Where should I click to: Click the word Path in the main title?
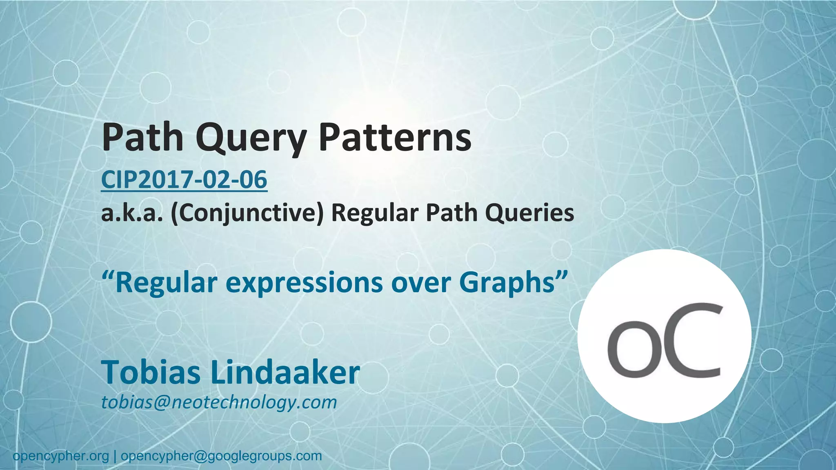pyautogui.click(x=142, y=137)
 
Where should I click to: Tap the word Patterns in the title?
pyautogui.click(x=395, y=137)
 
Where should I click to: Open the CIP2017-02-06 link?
pyautogui.click(x=184, y=180)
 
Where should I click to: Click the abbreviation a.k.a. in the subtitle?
pyautogui.click(x=132, y=213)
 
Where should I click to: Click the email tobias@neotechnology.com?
pyautogui.click(x=219, y=402)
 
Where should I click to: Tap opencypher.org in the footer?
pyautogui.click(x=61, y=456)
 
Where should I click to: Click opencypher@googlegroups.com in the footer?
pyautogui.click(x=221, y=456)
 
